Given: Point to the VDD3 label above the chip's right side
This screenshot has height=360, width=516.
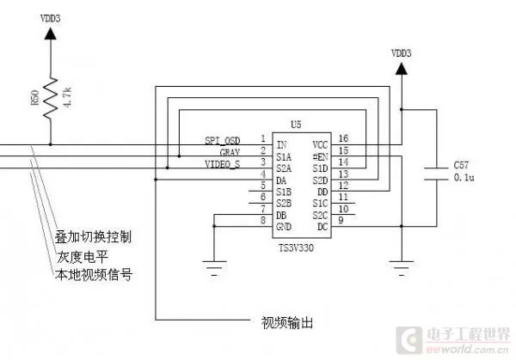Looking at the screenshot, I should tap(402, 52).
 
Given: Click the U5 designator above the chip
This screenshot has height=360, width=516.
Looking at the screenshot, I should tap(297, 125).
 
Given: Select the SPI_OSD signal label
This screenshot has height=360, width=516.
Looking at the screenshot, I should tap(222, 139).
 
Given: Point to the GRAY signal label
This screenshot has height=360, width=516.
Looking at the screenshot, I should tap(229, 151).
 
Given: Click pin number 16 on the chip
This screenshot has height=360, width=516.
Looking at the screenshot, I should tap(343, 138).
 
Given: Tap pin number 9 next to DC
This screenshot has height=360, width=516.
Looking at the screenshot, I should tap(343, 221).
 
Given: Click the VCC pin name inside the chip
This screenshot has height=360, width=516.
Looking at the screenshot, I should tap(320, 144).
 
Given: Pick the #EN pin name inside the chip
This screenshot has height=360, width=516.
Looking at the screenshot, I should tap(320, 157).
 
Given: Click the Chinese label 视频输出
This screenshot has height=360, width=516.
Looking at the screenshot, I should tap(286, 324).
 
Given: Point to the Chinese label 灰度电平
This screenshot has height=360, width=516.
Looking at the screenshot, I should tap(87, 255).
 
